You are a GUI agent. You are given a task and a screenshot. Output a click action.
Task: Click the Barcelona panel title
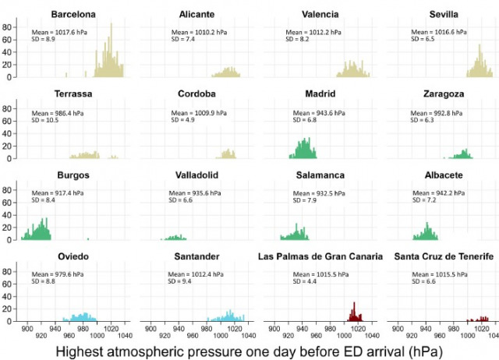(x=74, y=14)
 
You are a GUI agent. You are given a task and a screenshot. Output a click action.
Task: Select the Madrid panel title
(x=320, y=95)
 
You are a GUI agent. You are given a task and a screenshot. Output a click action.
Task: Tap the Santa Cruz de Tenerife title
(x=443, y=257)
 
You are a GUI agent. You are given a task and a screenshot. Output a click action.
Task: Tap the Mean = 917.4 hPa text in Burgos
(x=60, y=195)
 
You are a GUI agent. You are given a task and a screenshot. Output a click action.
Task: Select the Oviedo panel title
(x=74, y=257)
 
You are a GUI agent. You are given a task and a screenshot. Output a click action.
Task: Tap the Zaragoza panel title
(x=443, y=95)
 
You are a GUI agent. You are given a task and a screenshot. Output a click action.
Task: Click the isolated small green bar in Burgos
(x=87, y=238)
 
